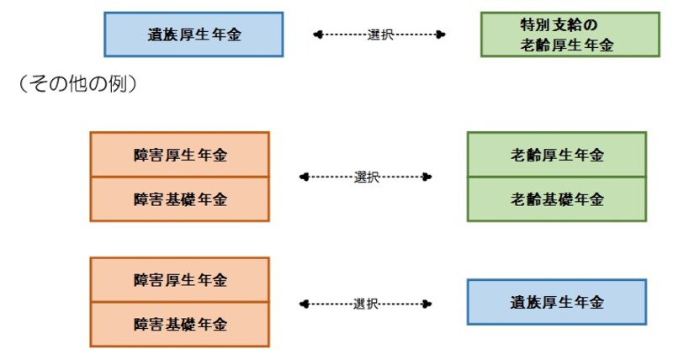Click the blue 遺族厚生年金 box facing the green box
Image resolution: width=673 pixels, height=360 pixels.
[193, 34]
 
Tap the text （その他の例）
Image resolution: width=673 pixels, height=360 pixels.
[77, 85]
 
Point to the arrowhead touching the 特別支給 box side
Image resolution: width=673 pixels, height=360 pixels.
[440, 34]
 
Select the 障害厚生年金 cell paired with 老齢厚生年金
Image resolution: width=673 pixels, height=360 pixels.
[179, 155]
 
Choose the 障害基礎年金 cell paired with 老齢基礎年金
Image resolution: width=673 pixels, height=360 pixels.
[179, 199]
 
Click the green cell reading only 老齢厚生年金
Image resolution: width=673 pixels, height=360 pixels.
[557, 155]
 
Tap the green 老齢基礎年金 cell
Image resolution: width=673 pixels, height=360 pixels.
[557, 199]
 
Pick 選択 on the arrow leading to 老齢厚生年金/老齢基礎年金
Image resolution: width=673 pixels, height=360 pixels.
[367, 177]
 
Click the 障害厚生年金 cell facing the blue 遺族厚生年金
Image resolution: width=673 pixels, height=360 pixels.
[179, 280]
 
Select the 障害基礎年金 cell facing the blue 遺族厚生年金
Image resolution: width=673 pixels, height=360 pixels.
[179, 325]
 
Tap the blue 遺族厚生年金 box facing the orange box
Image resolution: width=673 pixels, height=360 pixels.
[557, 302]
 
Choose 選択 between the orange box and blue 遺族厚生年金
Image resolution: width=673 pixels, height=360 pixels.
[367, 303]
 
